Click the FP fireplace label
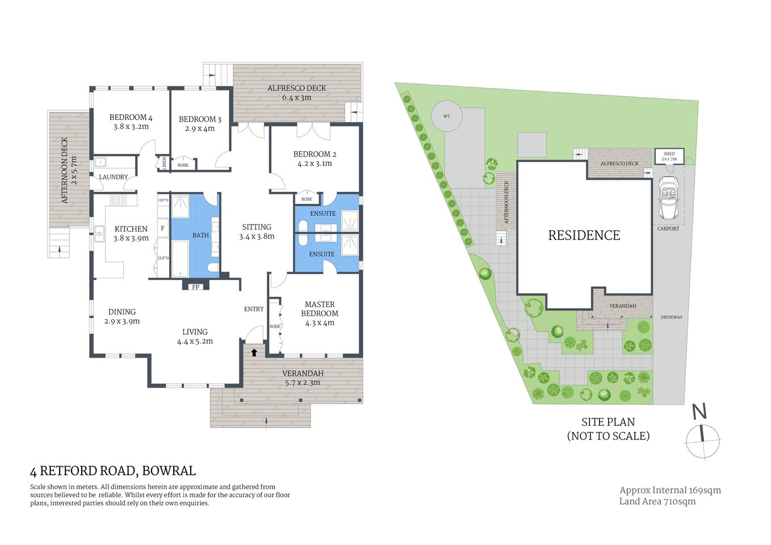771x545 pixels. point(196,287)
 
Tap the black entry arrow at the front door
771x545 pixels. point(254,352)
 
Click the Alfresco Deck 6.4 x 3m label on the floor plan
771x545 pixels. point(297,93)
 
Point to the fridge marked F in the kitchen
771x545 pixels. point(163,228)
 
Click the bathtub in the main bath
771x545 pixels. point(180,259)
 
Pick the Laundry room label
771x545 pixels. point(114,177)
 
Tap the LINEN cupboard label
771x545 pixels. point(164,163)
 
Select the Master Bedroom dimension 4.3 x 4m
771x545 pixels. point(320,323)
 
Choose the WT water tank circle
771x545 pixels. point(446,116)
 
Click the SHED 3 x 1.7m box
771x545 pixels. point(669,156)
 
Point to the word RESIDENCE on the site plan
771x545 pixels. point(584,235)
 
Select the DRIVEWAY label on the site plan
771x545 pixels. point(671,317)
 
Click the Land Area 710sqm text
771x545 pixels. point(657,501)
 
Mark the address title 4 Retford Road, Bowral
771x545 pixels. point(112,471)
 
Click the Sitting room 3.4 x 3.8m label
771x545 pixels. point(257,232)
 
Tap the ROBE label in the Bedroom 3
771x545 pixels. point(183,165)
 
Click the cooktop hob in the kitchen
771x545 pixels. point(118,200)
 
